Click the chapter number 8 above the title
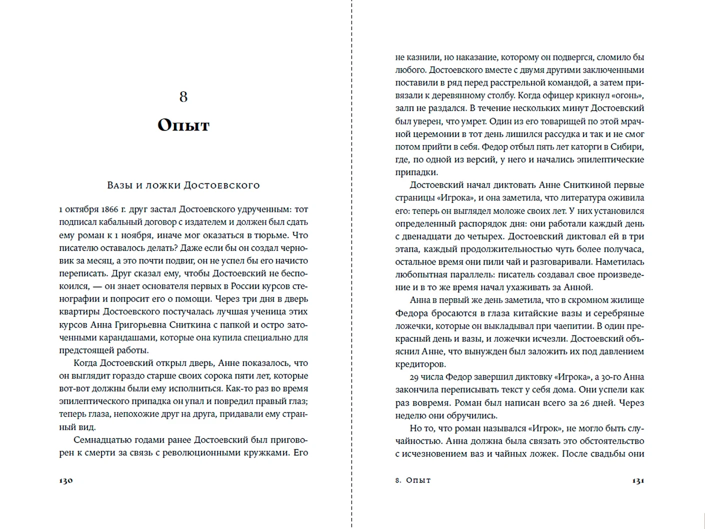coord(183,96)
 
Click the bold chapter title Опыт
coord(183,124)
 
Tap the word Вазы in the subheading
coord(118,185)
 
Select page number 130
coord(66,480)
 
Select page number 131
coord(637,480)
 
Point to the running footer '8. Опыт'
coord(413,480)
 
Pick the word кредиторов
coord(420,364)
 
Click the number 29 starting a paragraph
coord(414,377)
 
